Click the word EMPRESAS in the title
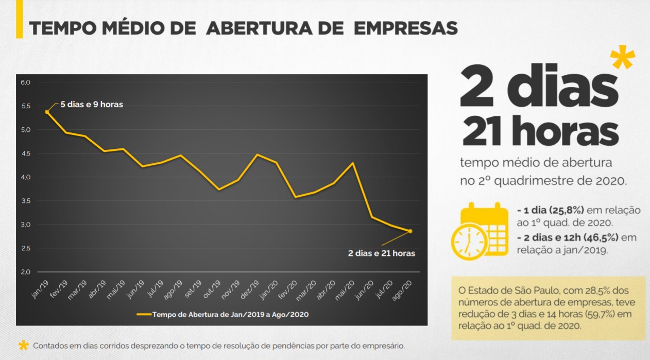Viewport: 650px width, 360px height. click(405, 28)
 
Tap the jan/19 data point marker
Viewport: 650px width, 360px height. click(47, 112)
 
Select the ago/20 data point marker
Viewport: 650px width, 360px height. click(410, 231)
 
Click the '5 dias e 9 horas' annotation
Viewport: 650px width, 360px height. click(92, 105)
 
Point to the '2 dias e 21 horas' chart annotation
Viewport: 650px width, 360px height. click(382, 253)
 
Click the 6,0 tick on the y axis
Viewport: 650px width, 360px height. click(26, 82)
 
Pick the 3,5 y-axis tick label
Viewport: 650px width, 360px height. click(26, 201)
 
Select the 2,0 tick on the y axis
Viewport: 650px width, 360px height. click(26, 272)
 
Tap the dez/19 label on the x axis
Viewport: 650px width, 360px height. click(252, 289)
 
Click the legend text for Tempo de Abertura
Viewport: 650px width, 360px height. click(230, 313)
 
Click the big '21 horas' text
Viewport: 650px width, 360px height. click(540, 132)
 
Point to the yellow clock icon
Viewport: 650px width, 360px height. click(469, 241)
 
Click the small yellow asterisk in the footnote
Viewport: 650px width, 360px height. click(23, 345)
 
